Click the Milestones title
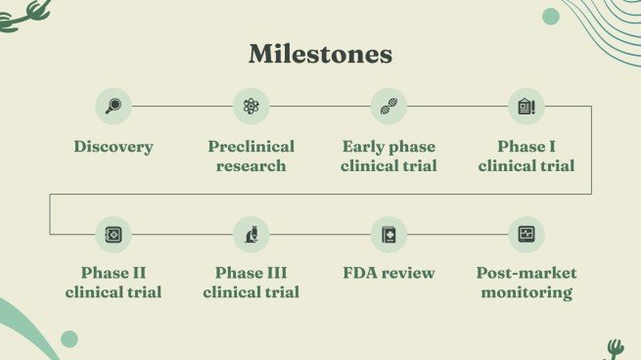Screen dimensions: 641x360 321,54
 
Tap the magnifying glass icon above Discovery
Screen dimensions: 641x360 114,107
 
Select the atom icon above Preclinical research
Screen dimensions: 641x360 251,107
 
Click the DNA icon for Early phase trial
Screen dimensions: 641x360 389,107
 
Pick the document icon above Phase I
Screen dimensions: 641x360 527,107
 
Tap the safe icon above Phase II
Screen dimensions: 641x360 114,235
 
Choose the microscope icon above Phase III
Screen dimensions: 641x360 252,235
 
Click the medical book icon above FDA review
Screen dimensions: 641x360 389,235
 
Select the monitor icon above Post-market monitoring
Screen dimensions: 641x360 527,234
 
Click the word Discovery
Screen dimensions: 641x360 114,147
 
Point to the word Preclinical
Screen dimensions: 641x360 251,147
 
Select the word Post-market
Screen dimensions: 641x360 527,273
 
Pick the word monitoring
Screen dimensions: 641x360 527,292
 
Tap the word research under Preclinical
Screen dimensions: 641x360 251,166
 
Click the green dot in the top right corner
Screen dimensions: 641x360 551,17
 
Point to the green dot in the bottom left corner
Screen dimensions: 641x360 69,338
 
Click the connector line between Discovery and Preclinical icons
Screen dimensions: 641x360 182,107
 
